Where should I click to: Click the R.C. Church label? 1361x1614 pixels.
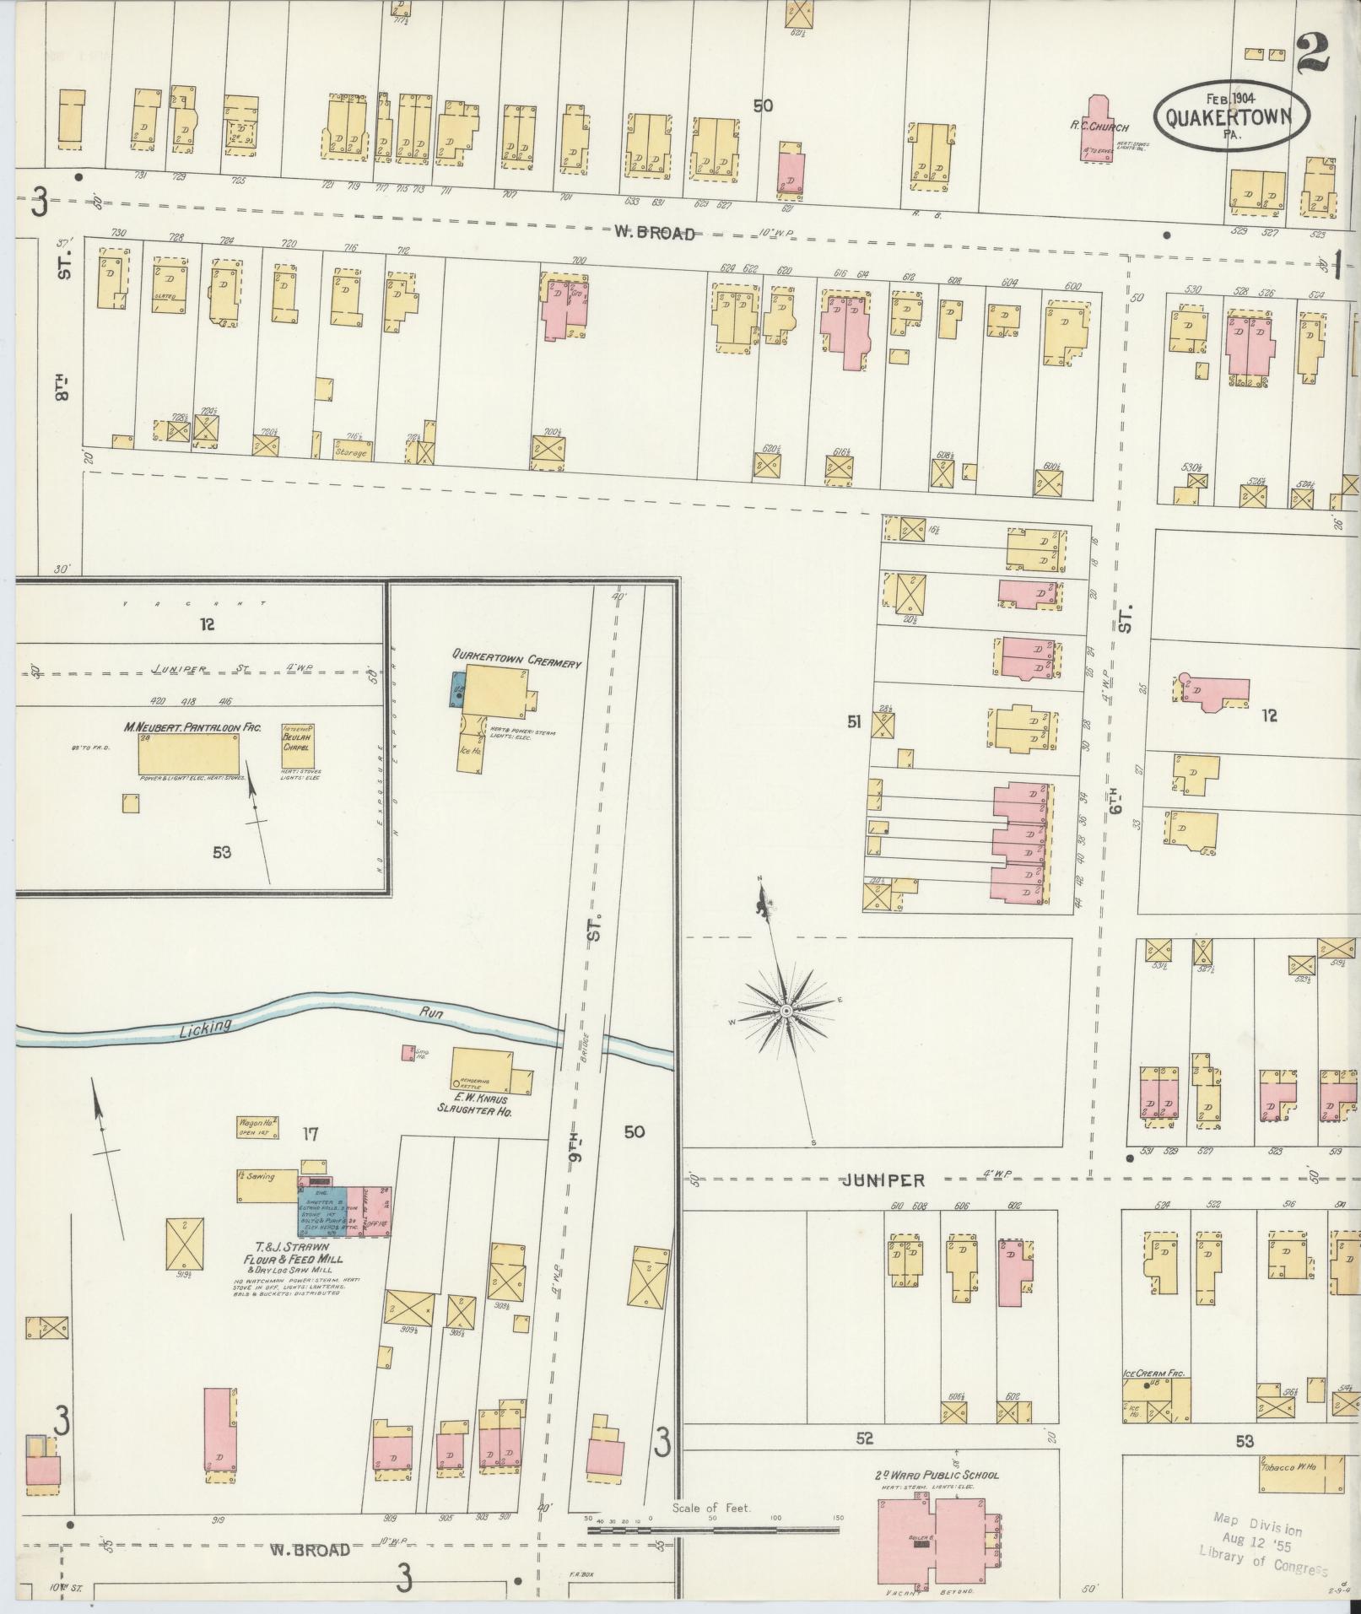(x=1099, y=127)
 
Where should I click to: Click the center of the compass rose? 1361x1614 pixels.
(x=786, y=1010)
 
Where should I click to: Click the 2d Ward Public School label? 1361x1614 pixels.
(x=937, y=1474)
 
